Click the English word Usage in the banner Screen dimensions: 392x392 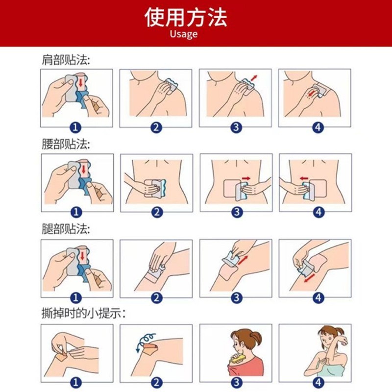click(x=184, y=34)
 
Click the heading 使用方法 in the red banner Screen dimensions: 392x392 click(x=186, y=17)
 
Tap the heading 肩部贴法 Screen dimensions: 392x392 click(x=66, y=60)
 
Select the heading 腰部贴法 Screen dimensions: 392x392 click(x=66, y=144)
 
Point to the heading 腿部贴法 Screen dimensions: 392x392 click(x=66, y=229)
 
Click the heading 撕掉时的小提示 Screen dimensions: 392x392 click(x=83, y=314)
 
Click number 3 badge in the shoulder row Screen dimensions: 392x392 click(x=236, y=127)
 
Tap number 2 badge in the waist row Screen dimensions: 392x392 click(x=157, y=212)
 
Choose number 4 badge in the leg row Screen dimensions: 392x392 click(x=318, y=298)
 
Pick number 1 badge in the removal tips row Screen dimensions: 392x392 click(x=76, y=383)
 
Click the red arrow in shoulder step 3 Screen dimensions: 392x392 click(x=253, y=78)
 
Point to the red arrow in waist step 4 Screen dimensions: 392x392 click(x=304, y=178)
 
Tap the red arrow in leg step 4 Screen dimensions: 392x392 click(x=310, y=278)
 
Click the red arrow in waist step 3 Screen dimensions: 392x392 click(x=246, y=178)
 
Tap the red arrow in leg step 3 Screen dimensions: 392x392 click(x=243, y=260)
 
